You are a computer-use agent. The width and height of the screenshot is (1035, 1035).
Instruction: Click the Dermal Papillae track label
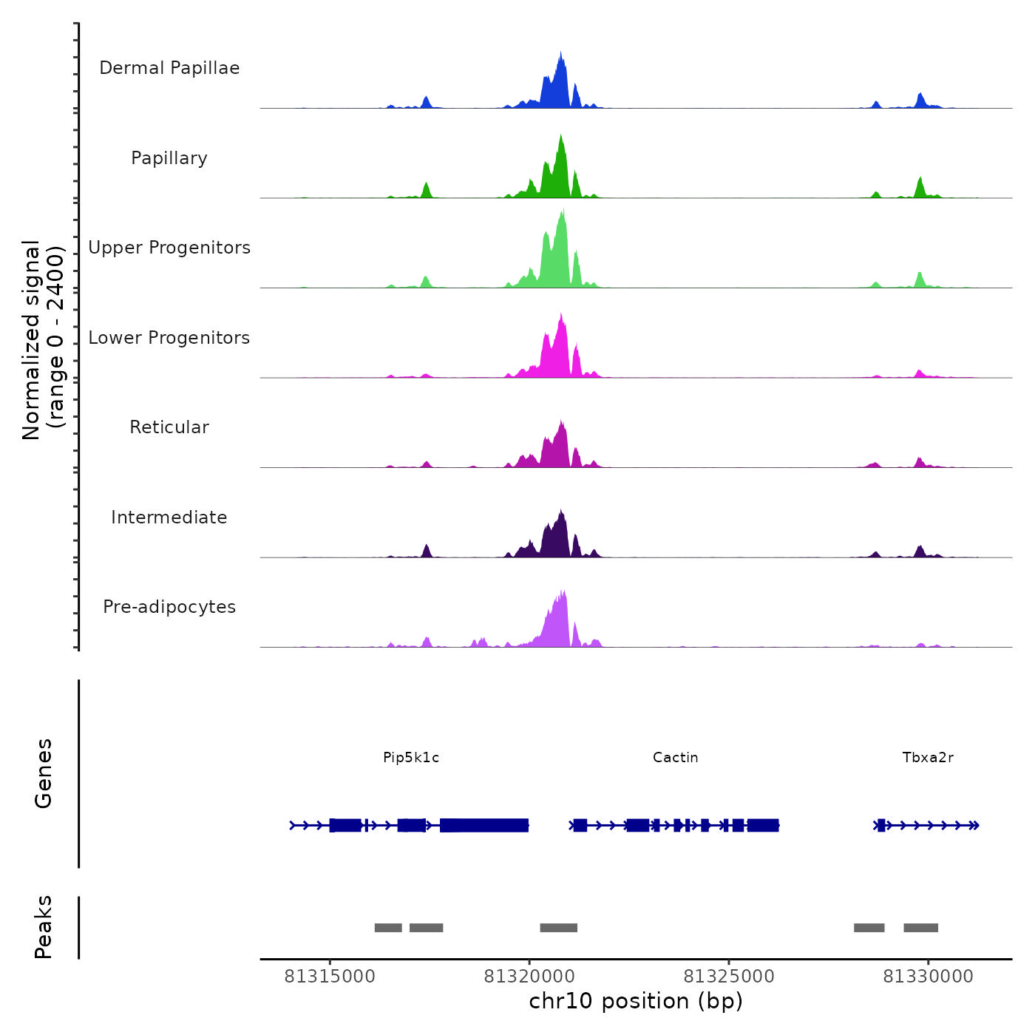coord(169,68)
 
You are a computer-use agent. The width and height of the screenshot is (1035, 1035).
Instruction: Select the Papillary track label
coord(169,158)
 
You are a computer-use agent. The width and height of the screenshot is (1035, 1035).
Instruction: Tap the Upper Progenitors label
coord(169,248)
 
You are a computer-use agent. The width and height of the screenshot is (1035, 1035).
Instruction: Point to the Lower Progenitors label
coord(169,338)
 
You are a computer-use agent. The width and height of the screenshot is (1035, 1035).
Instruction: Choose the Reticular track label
coord(169,427)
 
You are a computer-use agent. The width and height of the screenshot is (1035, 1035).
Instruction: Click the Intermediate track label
coord(169,517)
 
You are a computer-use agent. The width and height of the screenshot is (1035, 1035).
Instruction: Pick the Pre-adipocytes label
coord(169,607)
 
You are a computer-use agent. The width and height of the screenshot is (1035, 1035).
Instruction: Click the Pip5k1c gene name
coord(411,757)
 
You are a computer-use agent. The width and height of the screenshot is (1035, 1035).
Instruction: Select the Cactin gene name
coord(675,757)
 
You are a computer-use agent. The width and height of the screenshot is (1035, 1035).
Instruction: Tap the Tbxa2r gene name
coord(928,757)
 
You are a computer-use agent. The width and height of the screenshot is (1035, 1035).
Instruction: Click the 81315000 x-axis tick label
coord(330,977)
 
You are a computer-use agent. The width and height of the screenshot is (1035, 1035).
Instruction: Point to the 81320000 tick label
coord(529,977)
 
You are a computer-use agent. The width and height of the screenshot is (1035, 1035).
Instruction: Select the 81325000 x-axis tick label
coord(729,977)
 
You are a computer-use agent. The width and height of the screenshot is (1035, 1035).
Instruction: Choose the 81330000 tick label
coord(929,977)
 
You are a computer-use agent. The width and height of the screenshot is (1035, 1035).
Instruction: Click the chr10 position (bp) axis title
coord(636,1001)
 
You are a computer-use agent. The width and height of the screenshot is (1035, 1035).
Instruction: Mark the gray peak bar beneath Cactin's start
coord(558,928)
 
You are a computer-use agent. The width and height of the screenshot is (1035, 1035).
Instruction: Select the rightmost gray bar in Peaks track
coord(920,928)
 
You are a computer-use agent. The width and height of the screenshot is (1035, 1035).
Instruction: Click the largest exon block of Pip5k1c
coord(484,825)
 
